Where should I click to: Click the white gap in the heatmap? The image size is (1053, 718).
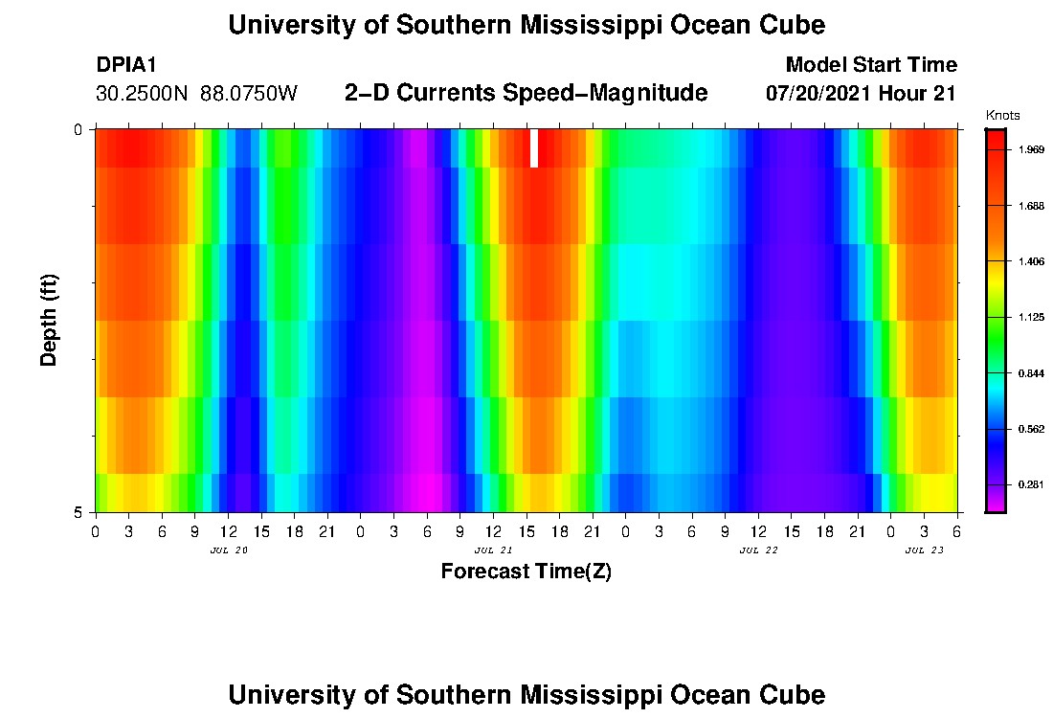pyautogui.click(x=534, y=148)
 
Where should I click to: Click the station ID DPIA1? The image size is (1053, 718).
pyautogui.click(x=126, y=65)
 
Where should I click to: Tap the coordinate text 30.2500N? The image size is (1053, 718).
pyautogui.click(x=144, y=94)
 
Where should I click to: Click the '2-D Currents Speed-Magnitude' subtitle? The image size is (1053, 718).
pyautogui.click(x=526, y=93)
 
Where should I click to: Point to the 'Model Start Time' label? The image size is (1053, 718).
pyautogui.click(x=870, y=65)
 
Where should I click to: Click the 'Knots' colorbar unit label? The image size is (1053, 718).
pyautogui.click(x=1003, y=115)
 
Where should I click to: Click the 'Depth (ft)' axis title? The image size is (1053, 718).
pyautogui.click(x=50, y=320)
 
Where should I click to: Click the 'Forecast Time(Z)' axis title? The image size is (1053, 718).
pyautogui.click(x=526, y=572)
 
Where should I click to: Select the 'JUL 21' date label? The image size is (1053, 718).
pyautogui.click(x=493, y=550)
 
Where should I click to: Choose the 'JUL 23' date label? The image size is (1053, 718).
pyautogui.click(x=925, y=550)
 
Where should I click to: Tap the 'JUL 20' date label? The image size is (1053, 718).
pyautogui.click(x=228, y=550)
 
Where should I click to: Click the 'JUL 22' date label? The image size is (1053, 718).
pyautogui.click(x=759, y=550)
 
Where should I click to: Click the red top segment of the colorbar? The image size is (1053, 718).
pyautogui.click(x=996, y=144)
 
